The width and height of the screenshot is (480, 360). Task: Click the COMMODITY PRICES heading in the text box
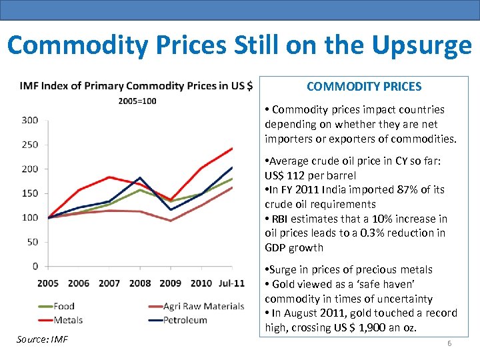pos(363,87)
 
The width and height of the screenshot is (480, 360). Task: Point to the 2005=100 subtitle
pos(137,101)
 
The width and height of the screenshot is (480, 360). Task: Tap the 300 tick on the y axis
pos(30,120)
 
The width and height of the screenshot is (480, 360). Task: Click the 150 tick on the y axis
pos(30,193)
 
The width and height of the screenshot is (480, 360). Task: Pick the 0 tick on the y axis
pos(35,266)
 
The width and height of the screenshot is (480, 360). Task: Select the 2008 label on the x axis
pos(140,283)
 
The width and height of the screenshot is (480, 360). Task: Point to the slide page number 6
pos(449,343)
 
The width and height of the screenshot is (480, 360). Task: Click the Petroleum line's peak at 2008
pos(140,178)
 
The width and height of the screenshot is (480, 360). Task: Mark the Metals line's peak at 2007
pos(110,177)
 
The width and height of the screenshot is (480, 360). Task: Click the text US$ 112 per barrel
pos(310,175)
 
